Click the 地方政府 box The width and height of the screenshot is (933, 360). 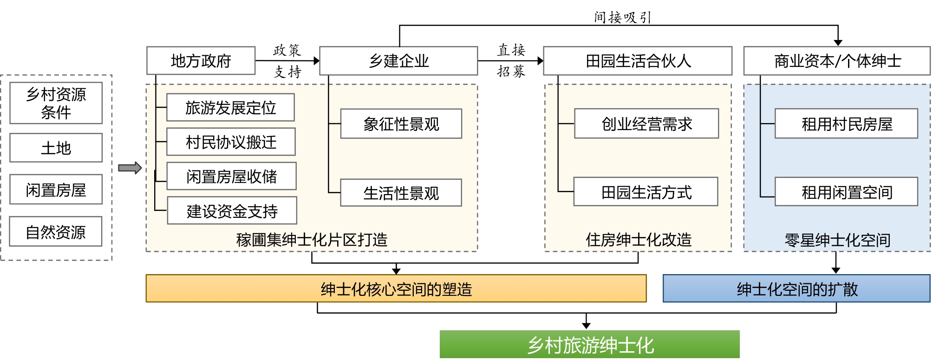pyautogui.click(x=201, y=60)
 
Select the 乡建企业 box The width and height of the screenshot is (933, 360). pyautogui.click(x=398, y=60)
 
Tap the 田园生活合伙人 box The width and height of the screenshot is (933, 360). pyautogui.click(x=638, y=60)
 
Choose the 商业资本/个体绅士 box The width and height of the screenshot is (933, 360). pyautogui.click(x=837, y=60)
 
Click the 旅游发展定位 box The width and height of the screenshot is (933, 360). pyautogui.click(x=230, y=107)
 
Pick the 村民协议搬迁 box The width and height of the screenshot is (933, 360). pyautogui.click(x=231, y=142)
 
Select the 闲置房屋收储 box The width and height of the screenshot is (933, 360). pyautogui.click(x=231, y=176)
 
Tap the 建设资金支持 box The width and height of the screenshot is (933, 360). pyautogui.click(x=232, y=210)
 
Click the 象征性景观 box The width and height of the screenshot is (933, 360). pyautogui.click(x=401, y=124)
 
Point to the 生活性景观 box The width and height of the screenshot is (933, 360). pyautogui.click(x=401, y=193)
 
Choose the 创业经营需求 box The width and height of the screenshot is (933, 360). pyautogui.click(x=646, y=124)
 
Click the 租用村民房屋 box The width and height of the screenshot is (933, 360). pyautogui.click(x=846, y=124)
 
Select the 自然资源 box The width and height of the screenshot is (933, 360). pyautogui.click(x=56, y=231)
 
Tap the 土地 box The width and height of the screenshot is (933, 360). pyautogui.click(x=56, y=148)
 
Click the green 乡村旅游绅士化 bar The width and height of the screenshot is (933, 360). pyautogui.click(x=589, y=344)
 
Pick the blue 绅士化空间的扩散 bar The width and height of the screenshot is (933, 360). pyautogui.click(x=796, y=288)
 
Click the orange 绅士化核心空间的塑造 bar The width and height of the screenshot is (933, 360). pyautogui.click(x=396, y=288)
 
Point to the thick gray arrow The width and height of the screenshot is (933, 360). pyautogui.click(x=130, y=168)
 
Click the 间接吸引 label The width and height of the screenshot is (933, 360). pyautogui.click(x=622, y=18)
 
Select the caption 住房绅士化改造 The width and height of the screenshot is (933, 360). pyautogui.click(x=638, y=240)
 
